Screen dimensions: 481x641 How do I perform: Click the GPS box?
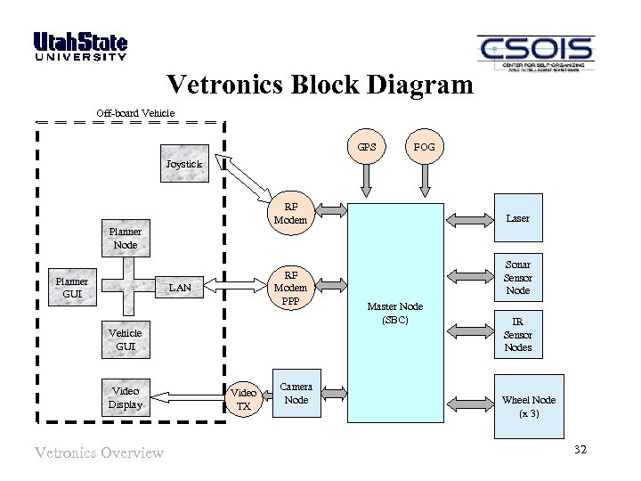click(x=367, y=147)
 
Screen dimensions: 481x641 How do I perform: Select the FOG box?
click(x=425, y=147)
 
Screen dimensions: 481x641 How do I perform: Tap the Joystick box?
click(x=184, y=164)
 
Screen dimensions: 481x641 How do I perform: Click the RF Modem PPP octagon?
click(x=290, y=287)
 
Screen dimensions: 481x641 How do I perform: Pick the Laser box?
click(x=517, y=217)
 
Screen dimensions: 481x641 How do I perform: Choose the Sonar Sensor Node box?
click(x=517, y=277)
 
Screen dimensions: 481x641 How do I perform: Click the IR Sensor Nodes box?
click(x=517, y=335)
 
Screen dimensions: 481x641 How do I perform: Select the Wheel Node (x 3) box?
click(x=528, y=406)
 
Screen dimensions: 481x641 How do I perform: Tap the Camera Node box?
click(x=296, y=394)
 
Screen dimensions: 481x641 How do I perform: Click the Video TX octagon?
click(x=243, y=398)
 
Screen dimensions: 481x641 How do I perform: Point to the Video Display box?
click(x=125, y=397)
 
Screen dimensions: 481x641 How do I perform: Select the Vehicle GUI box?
click(x=125, y=339)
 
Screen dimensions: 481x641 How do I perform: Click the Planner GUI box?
click(x=71, y=287)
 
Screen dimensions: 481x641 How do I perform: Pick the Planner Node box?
click(x=125, y=238)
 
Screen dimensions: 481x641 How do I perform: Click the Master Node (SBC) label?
click(x=396, y=313)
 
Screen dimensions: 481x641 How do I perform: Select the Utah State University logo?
click(x=80, y=46)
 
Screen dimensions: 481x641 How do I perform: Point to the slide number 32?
click(x=580, y=448)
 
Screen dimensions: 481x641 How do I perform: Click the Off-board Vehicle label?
click(x=135, y=112)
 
